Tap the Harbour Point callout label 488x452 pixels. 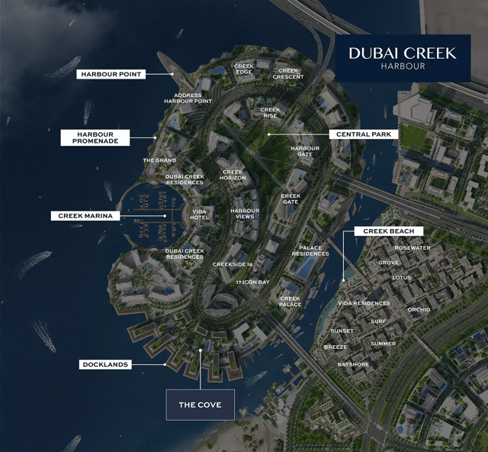(111, 74)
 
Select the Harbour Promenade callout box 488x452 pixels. (95, 137)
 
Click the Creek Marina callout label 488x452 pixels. (85, 216)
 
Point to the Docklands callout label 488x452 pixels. (104, 365)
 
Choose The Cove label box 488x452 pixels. (200, 405)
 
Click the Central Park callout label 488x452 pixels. (364, 134)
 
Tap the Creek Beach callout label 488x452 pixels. (388, 231)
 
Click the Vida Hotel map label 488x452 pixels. (200, 215)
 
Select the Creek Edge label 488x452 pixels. (244, 69)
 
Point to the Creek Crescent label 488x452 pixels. (289, 73)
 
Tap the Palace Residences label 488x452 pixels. (310, 250)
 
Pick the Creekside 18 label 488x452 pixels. (233, 264)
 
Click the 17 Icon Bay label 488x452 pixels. (252, 282)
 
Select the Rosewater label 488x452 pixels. (413, 248)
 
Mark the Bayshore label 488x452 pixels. (353, 365)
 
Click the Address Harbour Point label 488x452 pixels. (188, 98)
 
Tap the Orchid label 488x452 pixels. (419, 310)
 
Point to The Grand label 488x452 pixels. (159, 160)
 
